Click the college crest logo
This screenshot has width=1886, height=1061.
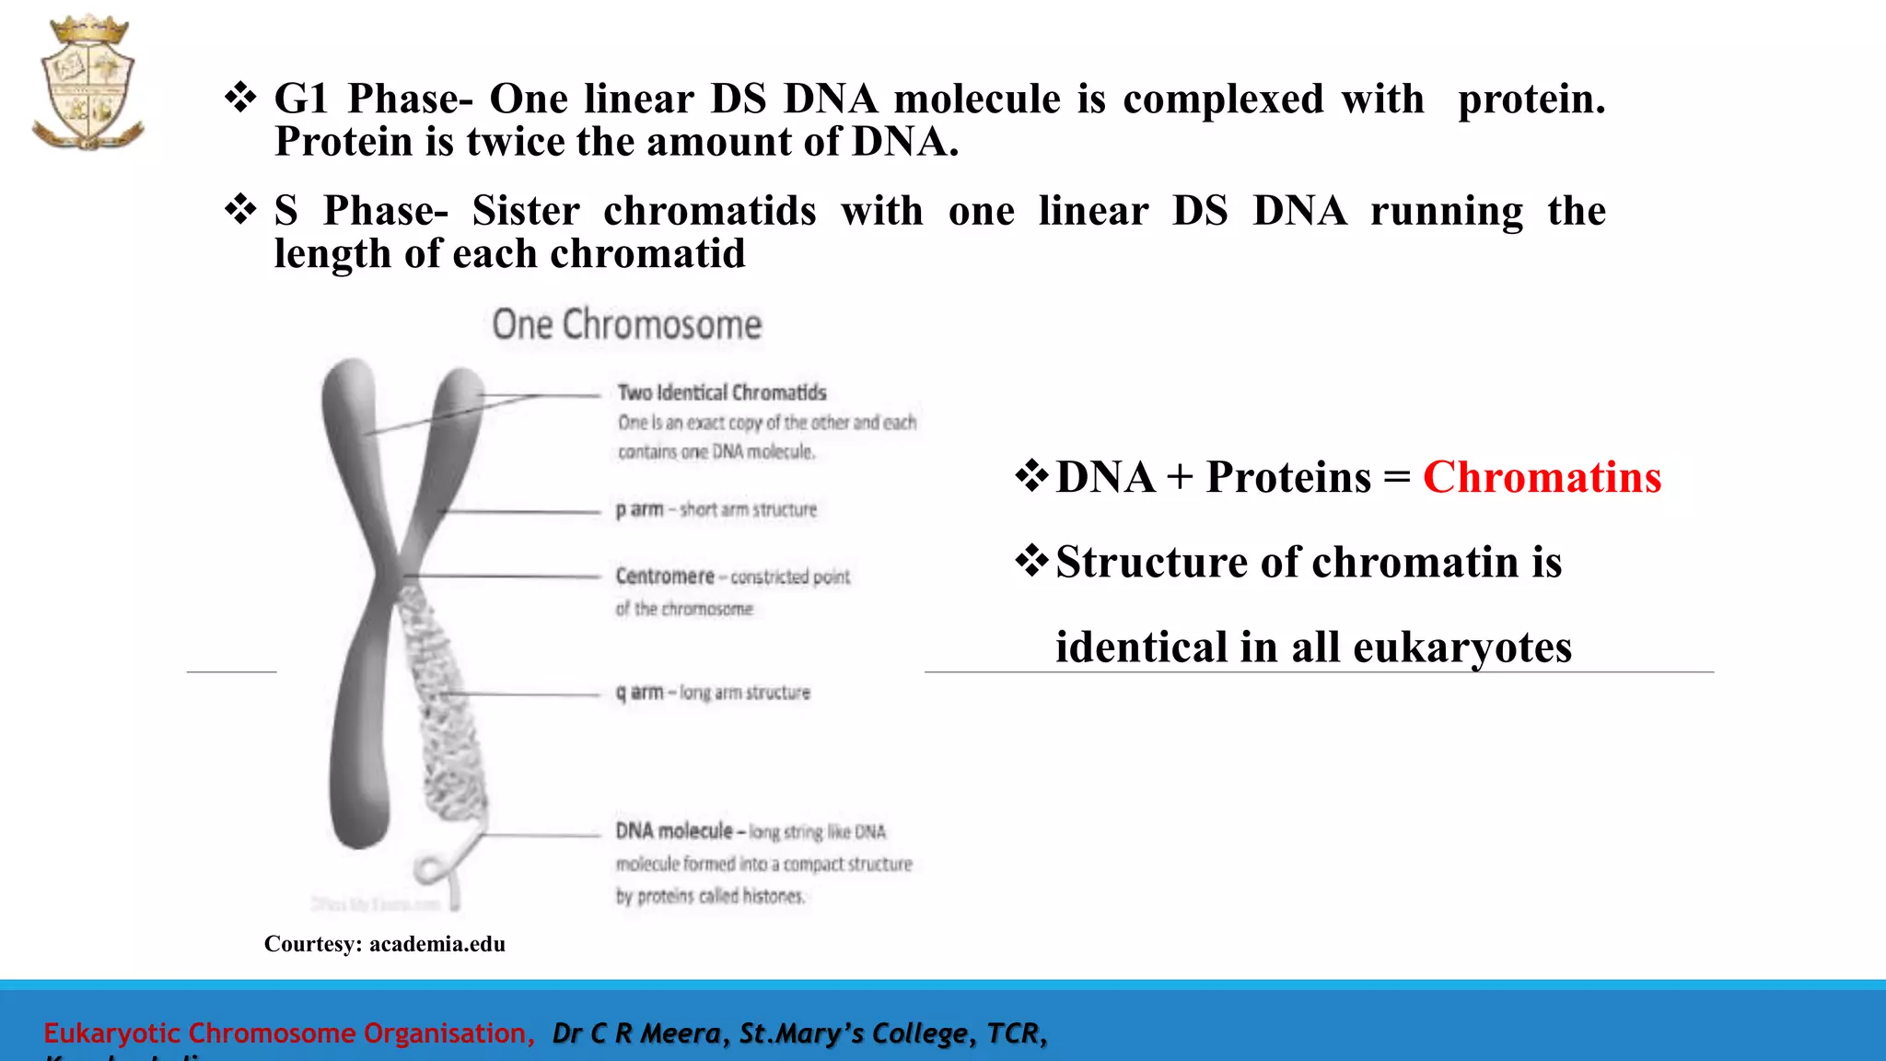(88, 83)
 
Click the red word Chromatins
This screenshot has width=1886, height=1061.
(1542, 477)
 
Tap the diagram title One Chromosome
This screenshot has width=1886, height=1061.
(627, 325)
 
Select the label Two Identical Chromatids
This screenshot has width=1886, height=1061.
(722, 393)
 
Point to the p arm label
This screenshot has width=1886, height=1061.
(639, 509)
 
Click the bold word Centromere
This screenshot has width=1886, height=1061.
(665, 577)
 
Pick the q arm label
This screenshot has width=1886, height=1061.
(639, 693)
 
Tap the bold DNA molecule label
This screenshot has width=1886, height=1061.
(674, 832)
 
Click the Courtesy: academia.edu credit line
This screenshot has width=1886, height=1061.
(384, 944)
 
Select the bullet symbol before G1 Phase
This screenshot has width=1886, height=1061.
(240, 98)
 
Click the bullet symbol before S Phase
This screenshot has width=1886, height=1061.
(240, 210)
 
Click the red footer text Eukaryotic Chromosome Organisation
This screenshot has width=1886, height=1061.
(288, 1033)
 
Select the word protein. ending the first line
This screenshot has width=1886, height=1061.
(1531, 99)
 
